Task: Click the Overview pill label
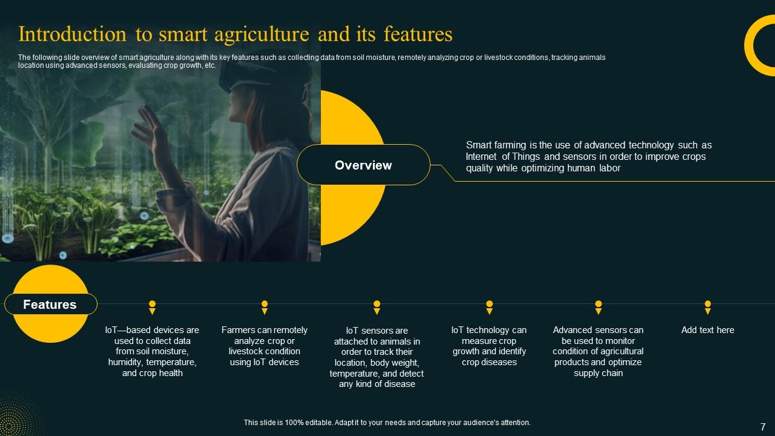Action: click(x=363, y=165)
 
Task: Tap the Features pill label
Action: click(x=50, y=305)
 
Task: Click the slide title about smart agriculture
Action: click(x=236, y=35)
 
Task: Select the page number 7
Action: click(x=762, y=426)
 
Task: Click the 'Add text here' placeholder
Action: click(x=707, y=330)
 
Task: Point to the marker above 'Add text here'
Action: click(x=707, y=307)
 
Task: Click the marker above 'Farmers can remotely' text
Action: click(x=265, y=307)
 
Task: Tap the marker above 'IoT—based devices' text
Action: click(x=153, y=307)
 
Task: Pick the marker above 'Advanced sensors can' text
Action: click(x=598, y=307)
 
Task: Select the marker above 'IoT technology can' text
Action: click(x=489, y=307)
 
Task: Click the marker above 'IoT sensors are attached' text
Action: click(x=377, y=307)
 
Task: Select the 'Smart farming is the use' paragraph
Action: click(x=589, y=157)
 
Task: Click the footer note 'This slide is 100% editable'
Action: click(x=387, y=423)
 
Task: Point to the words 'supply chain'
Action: click(x=598, y=373)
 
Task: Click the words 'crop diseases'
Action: click(x=489, y=362)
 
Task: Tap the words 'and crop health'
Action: click(x=153, y=373)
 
